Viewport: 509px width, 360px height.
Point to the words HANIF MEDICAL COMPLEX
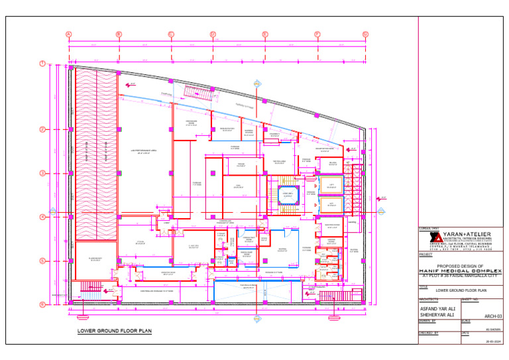click(x=460, y=271)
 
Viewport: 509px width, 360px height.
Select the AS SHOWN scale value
click(x=492, y=328)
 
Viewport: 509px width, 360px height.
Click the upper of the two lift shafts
click(x=331, y=186)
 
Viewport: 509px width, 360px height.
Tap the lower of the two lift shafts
click(x=331, y=204)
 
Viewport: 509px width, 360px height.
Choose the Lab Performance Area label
click(x=142, y=151)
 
